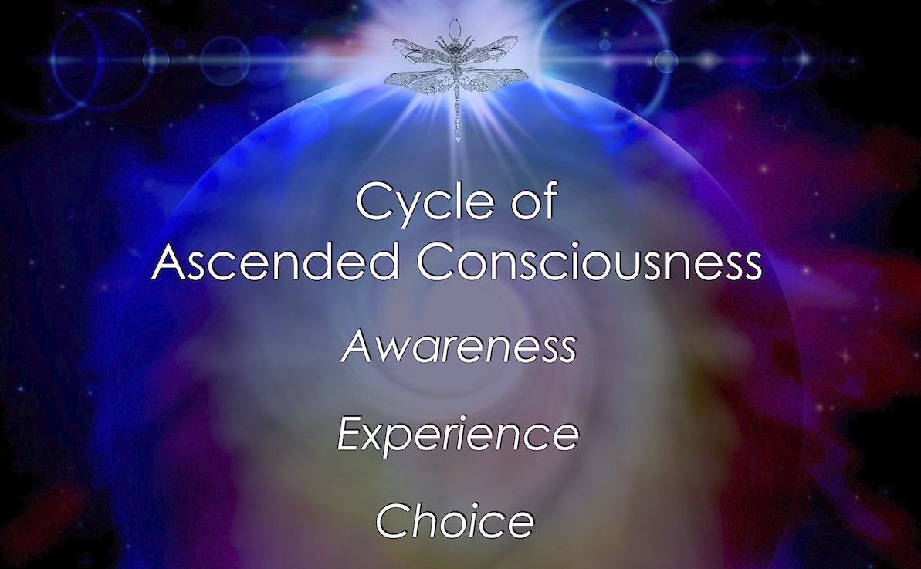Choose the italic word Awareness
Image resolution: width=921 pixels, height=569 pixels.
coord(459,346)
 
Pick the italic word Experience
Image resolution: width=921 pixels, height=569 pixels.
coord(459,435)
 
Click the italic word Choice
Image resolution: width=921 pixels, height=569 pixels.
coord(455,520)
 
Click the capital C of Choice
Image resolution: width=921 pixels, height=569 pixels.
coord(393,520)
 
